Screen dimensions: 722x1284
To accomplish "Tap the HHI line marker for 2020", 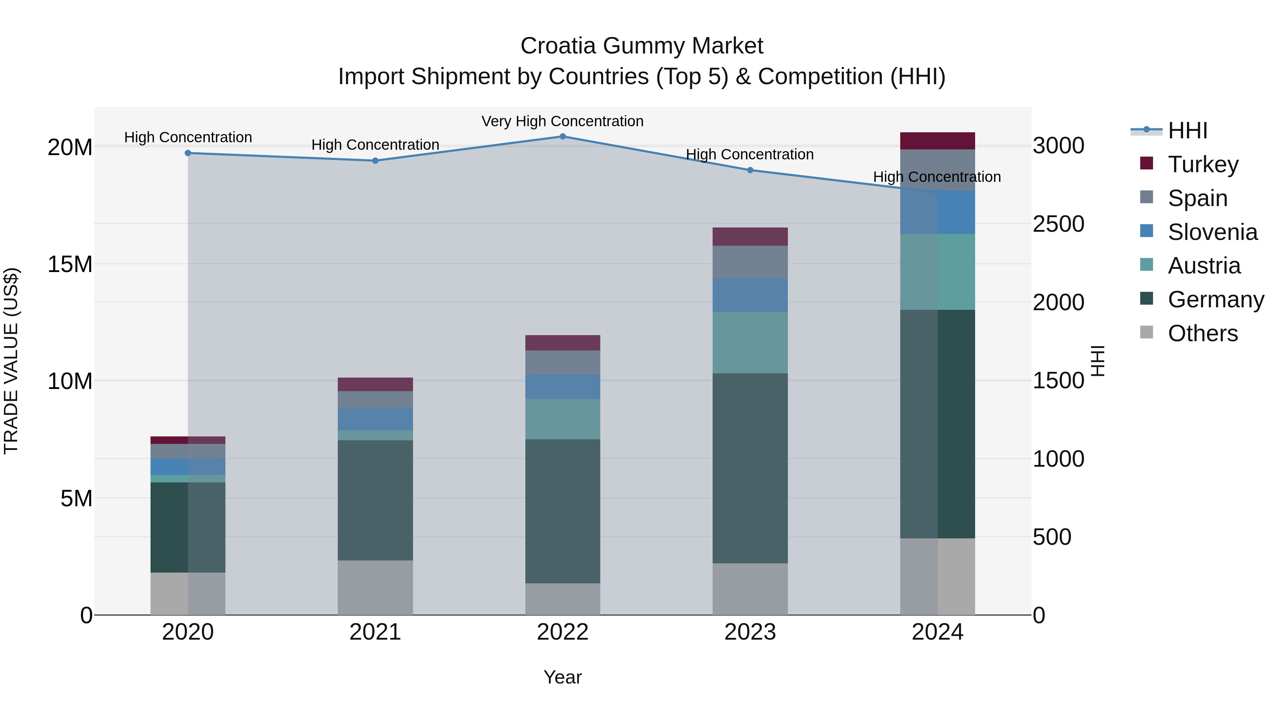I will [x=188, y=153].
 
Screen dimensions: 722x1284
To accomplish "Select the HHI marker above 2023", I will [x=750, y=170].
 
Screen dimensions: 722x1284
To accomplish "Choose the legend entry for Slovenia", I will [x=1212, y=232].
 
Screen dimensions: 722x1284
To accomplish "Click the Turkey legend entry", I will [x=1203, y=164].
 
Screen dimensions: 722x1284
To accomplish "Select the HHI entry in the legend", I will [x=1187, y=130].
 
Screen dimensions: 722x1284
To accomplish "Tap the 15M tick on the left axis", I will [x=70, y=264].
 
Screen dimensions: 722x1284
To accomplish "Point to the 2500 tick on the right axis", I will [x=1058, y=224].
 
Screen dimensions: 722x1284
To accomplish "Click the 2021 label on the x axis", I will [x=375, y=632].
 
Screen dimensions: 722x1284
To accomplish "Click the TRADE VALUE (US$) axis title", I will [x=11, y=361].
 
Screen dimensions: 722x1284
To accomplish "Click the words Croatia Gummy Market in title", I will [x=642, y=46].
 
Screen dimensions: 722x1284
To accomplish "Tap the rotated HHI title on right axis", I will [x=1097, y=361].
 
